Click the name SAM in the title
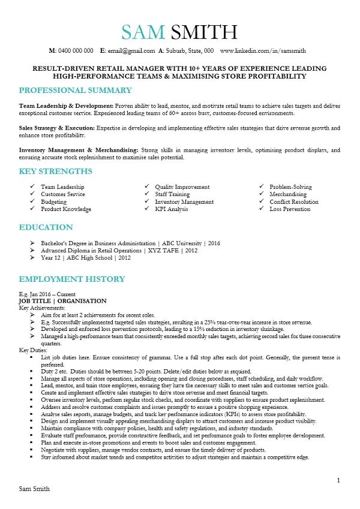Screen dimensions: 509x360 [x=143, y=32]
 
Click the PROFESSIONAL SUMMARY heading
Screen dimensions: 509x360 [x=76, y=90]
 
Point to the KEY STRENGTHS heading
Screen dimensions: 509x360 [x=56, y=171]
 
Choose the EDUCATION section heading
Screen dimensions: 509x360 [x=46, y=227]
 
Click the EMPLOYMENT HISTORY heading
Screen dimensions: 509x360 [x=72, y=279]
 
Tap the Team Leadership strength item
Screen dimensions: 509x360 [x=62, y=187]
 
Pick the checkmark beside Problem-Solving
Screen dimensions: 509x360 [x=262, y=187]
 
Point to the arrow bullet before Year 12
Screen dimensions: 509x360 [x=32, y=258]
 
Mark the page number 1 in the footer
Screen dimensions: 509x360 [x=338, y=480]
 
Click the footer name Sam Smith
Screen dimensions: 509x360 [x=35, y=489]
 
